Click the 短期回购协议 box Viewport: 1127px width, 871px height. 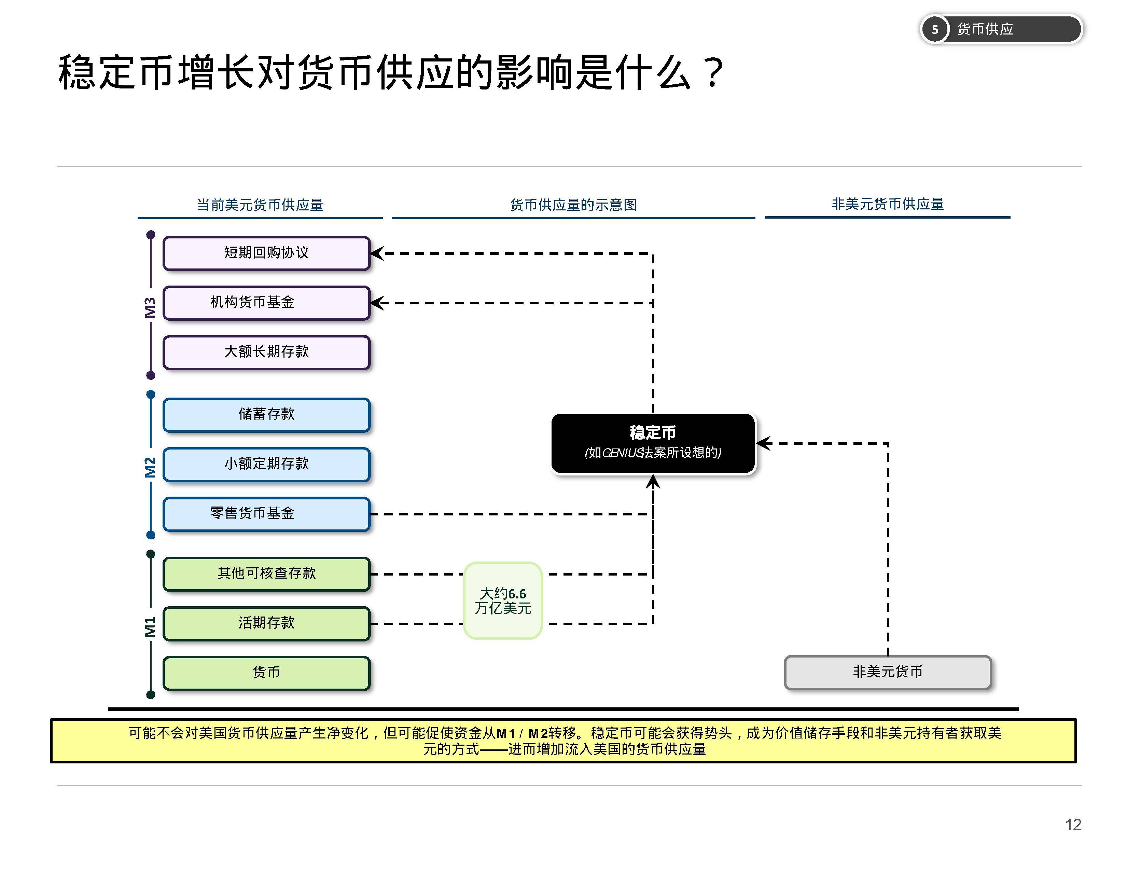tap(266, 253)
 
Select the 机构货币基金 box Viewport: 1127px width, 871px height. tap(266, 302)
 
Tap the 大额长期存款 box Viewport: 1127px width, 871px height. tap(266, 352)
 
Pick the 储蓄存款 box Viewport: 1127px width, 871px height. tap(266, 414)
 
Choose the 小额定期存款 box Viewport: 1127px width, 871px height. tap(266, 464)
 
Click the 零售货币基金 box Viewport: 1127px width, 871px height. tap(266, 513)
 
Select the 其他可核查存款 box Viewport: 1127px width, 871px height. tap(266, 573)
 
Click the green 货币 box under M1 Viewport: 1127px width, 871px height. tap(266, 672)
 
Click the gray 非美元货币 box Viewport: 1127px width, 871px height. tap(888, 672)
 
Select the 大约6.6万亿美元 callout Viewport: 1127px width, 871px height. tap(503, 600)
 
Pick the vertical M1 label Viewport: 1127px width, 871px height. tap(150, 627)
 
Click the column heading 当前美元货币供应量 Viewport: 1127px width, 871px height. tap(260, 205)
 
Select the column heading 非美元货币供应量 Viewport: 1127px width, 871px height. tap(888, 204)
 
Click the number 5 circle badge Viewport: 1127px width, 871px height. tap(934, 29)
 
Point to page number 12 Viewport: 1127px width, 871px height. tap(1073, 825)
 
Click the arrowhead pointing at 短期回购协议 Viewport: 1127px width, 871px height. tap(376, 253)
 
